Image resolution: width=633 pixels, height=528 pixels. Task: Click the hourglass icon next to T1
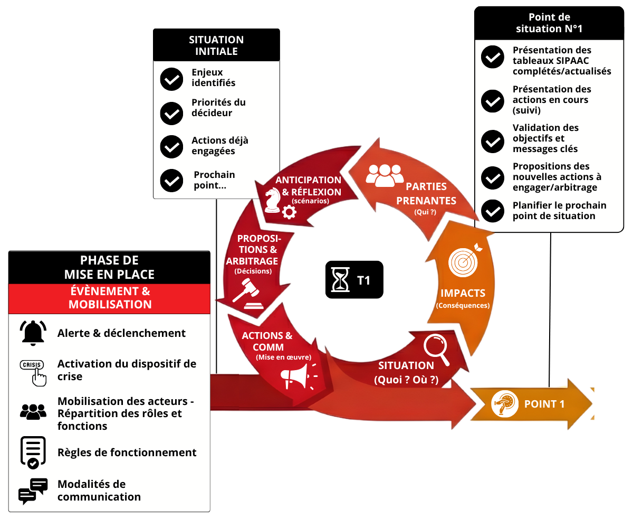340,280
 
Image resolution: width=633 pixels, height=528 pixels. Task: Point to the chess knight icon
273,200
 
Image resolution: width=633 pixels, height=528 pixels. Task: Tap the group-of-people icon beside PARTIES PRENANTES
385,176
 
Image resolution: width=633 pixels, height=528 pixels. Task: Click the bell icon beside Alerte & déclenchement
33,333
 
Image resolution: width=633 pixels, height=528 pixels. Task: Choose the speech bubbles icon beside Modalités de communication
33,491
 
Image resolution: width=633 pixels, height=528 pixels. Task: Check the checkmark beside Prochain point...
171,181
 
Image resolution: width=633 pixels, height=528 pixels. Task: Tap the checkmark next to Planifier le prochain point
493,211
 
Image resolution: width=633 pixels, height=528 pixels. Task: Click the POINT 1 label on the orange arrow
544,404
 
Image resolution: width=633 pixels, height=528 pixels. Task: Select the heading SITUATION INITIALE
216,45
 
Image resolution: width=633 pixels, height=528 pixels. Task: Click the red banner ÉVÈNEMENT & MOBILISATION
110,298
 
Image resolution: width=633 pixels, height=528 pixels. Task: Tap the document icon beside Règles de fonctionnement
33,452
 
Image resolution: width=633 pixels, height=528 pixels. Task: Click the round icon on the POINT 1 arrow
505,404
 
